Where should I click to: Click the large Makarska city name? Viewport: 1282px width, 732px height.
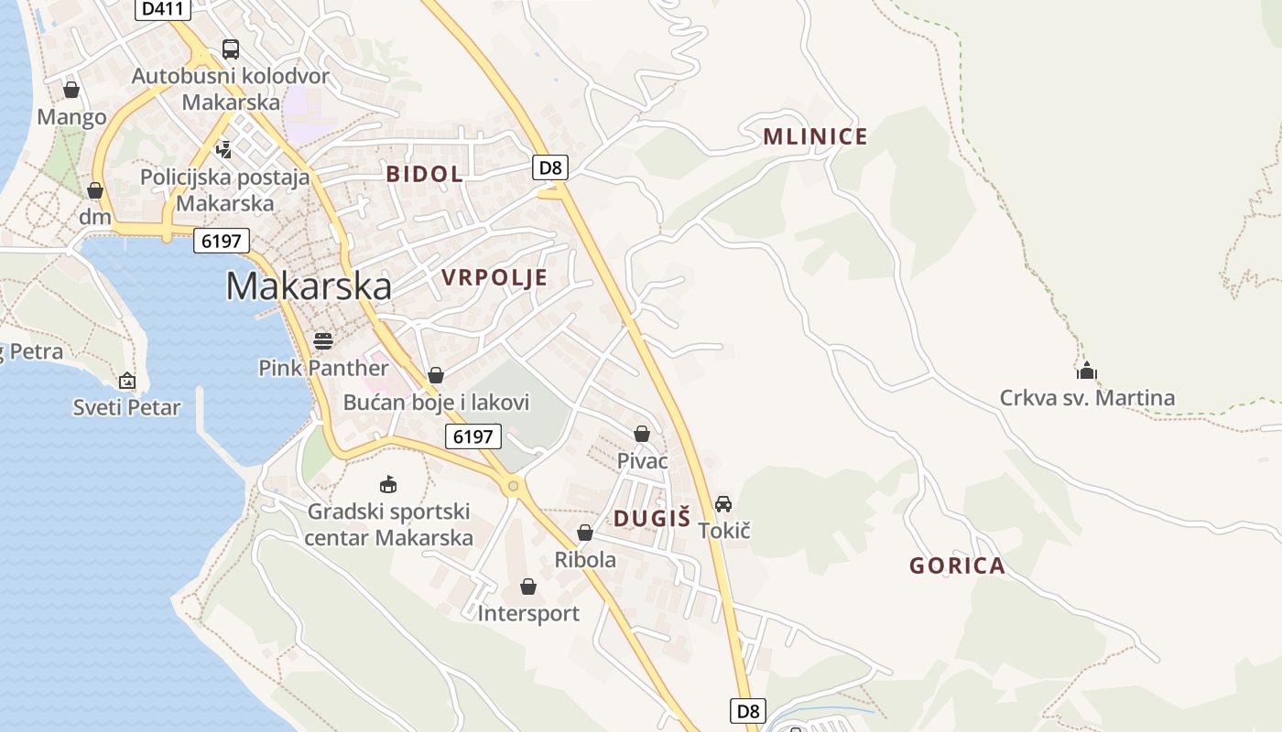coord(309,286)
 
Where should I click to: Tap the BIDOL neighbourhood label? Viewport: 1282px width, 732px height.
coord(424,174)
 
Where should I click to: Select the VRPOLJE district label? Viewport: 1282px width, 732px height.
coord(494,278)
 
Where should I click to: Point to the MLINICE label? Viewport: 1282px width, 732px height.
coord(815,137)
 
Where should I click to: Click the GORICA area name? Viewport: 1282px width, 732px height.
coord(957,565)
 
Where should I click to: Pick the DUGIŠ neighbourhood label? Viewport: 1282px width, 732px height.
coord(652,519)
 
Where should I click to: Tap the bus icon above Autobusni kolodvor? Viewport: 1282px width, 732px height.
coord(231,49)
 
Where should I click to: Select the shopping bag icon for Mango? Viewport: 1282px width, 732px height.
coord(71,90)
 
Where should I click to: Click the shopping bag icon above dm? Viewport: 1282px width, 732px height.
coord(94,190)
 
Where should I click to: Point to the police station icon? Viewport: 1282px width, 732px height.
coord(223,148)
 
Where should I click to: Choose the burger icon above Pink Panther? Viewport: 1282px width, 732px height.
coord(323,341)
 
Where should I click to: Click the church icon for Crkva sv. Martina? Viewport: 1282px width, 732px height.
coord(1087,371)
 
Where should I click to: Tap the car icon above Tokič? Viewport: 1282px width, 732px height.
coord(723,503)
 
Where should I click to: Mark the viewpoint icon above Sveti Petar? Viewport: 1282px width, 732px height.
coord(127,381)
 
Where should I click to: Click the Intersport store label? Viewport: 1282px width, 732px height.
coord(528,613)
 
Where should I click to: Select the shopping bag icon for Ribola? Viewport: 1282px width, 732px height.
coord(585,533)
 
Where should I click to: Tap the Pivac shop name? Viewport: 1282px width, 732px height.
coord(642,461)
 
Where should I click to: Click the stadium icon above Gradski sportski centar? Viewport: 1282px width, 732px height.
coord(388,484)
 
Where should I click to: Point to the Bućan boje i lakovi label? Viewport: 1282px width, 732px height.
coord(436,403)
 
